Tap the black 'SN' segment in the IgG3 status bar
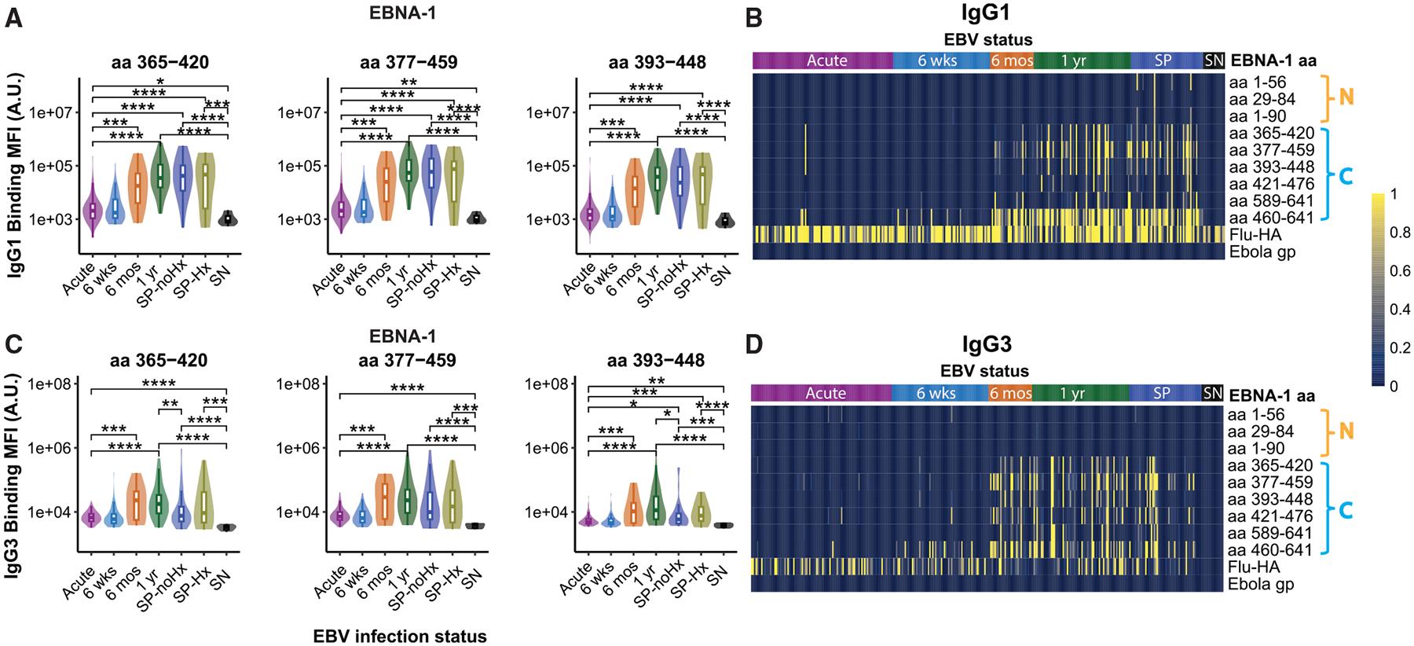pos(1212,392)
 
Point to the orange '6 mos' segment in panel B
pos(1011,60)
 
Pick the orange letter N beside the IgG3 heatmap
pos(1345,431)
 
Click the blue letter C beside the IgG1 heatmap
pos(1345,176)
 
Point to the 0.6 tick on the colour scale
pos(1401,271)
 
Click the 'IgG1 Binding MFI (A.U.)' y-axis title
pos(15,169)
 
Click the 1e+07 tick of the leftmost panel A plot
pos(53,112)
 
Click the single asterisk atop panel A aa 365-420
pos(159,82)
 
